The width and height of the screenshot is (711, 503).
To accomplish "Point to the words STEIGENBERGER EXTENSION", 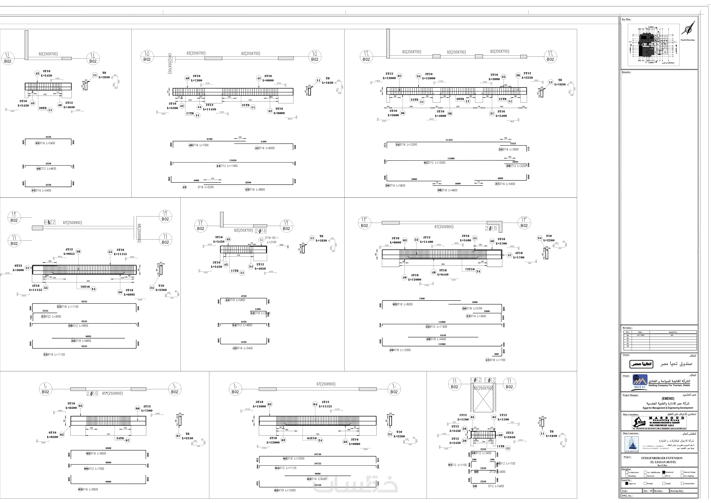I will pos(661,458).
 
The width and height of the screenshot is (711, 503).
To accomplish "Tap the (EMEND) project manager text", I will pos(668,399).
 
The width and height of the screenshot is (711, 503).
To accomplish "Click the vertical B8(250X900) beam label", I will pos(139,233).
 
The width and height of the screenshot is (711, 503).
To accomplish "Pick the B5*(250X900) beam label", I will pos(112,393).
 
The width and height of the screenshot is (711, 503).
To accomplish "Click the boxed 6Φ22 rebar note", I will pos(50,222).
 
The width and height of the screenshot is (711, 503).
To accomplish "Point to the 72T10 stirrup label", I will pos(470,269).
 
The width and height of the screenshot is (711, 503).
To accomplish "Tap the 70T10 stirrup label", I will pos(85,287).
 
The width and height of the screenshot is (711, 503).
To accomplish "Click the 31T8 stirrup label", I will pos(246,105).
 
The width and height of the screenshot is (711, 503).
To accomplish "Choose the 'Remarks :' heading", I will pos(626,72).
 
